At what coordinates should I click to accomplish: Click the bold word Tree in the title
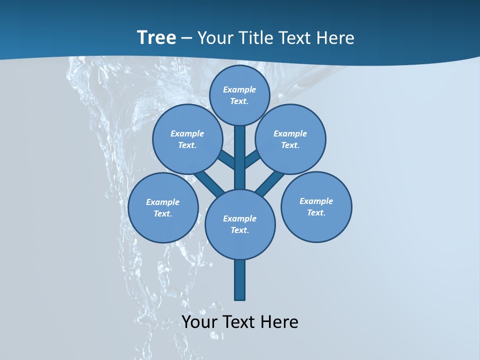[x=156, y=38]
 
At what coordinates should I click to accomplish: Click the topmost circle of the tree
[x=239, y=95]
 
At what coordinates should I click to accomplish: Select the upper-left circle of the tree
[x=187, y=139]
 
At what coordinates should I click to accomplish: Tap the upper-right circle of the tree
[x=290, y=139]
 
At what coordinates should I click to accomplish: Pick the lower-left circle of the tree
[x=163, y=207]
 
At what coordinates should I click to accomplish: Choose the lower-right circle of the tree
[x=316, y=207]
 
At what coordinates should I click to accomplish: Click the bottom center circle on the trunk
[x=240, y=224]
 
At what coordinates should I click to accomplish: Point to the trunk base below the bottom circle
[x=240, y=280]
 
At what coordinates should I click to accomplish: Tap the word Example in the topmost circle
[x=239, y=89]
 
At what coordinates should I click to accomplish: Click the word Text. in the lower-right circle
[x=316, y=212]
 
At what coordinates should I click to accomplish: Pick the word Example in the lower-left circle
[x=162, y=202]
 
